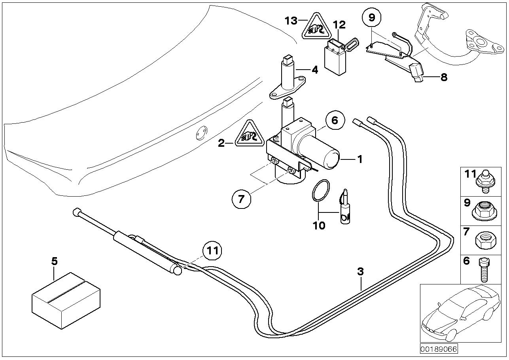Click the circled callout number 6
point(335,120)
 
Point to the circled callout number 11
point(212,250)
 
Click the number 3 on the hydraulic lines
point(360,272)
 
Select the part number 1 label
point(360,159)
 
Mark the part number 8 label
point(443,77)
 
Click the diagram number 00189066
point(438,350)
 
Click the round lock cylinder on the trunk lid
point(202,133)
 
